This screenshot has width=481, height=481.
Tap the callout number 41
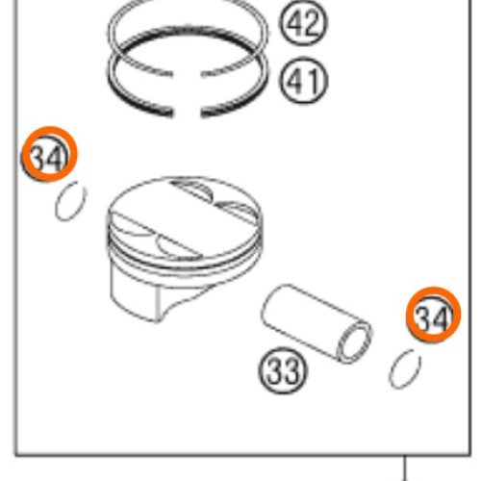[304, 81]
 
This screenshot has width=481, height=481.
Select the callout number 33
[283, 370]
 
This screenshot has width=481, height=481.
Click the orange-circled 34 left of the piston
[49, 154]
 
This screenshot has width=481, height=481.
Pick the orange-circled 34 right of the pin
[433, 315]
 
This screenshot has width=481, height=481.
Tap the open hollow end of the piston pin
[354, 342]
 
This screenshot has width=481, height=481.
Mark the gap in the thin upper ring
[187, 75]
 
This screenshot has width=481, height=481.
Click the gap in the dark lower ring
[187, 113]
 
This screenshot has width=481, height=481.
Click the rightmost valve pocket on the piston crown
[239, 210]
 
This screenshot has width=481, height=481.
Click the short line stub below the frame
[405, 468]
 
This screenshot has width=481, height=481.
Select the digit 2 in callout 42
[312, 24]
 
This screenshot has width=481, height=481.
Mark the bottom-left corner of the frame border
[16, 454]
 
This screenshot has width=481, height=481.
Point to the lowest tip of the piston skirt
[157, 321]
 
